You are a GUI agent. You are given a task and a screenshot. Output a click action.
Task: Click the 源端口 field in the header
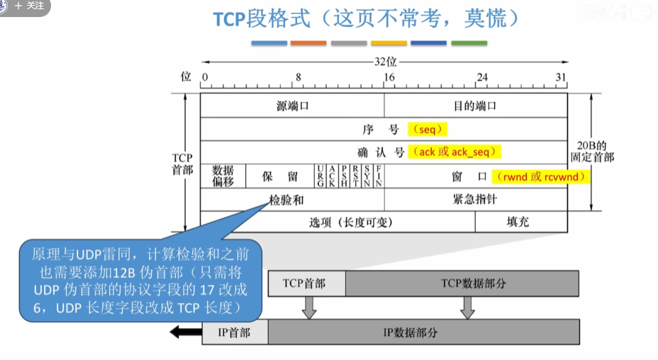click(293, 106)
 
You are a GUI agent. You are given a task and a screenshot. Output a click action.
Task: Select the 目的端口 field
click(475, 106)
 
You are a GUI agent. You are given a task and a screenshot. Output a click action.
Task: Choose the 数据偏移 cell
click(223, 176)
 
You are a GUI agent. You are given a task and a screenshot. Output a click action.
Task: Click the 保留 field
click(279, 176)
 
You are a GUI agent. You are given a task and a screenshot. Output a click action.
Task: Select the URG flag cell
click(321, 176)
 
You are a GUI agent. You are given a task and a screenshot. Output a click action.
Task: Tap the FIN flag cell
click(379, 176)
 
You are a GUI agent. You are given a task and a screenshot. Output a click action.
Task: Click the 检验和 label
click(286, 200)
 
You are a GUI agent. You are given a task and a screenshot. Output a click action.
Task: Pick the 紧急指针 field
click(475, 199)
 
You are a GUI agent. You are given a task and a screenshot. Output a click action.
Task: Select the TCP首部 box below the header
click(306, 283)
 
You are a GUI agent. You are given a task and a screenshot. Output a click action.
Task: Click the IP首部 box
click(234, 332)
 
